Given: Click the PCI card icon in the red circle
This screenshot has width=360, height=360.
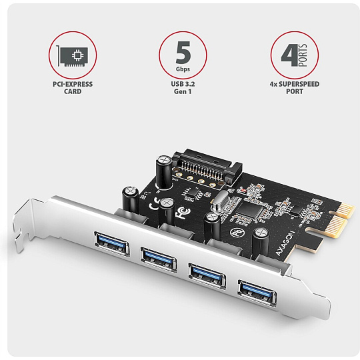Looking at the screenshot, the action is point(72,56).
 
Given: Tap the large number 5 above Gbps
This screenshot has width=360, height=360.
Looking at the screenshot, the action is point(183,53).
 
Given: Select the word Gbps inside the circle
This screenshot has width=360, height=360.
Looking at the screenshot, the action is point(183,69).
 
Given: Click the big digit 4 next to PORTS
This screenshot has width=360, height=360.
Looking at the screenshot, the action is point(289,55).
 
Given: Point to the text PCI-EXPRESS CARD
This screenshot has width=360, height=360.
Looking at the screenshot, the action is point(73,88).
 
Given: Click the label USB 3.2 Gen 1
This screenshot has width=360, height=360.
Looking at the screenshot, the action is point(183,88).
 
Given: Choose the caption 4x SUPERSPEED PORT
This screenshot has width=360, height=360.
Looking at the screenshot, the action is point(295,88).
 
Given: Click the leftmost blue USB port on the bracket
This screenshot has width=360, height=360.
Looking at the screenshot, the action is point(112,244).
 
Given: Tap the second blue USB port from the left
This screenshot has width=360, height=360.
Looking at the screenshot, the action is point(159,260).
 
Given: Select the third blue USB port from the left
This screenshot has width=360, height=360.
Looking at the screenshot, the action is point(207,276).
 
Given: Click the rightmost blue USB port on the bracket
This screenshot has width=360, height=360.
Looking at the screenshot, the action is point(257,293).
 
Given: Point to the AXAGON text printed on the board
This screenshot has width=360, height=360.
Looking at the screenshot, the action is point(285,243).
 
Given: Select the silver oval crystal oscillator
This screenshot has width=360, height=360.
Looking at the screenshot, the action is point(221,202).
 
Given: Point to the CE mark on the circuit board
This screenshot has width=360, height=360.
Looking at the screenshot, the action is point(155,204).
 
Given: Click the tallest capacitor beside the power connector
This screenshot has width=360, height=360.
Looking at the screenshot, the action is point(164,171).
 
